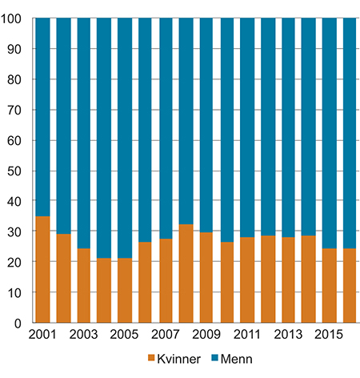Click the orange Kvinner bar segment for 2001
[43, 269]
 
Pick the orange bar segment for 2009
[206, 277]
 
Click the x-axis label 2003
[84, 334]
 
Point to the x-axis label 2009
[206, 334]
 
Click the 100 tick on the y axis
[16, 18]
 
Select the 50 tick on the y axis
[18, 171]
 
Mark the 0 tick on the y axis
[22, 323]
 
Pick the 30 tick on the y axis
[18, 231]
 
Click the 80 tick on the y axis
[18, 79]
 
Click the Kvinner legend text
[178, 358]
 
